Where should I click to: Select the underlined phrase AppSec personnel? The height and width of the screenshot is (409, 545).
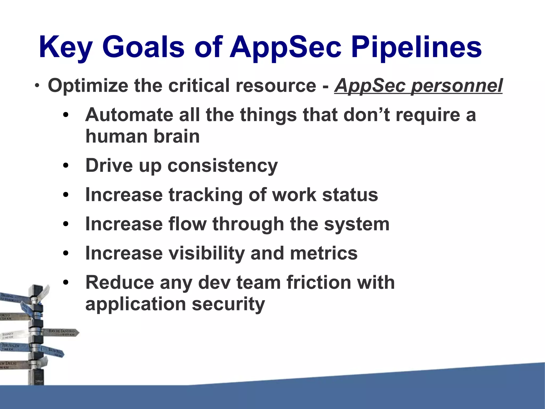[418, 86]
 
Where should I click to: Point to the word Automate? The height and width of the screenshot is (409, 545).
[129, 115]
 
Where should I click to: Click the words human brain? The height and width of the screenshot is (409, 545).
[142, 136]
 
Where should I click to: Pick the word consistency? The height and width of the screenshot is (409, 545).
[222, 165]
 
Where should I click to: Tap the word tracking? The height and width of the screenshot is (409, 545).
[205, 195]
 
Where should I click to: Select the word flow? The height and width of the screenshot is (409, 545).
[187, 224]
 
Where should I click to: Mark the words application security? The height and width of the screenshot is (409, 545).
[175, 304]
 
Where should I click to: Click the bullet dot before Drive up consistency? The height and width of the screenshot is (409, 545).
[66, 166]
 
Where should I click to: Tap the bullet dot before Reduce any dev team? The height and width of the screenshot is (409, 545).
[66, 283]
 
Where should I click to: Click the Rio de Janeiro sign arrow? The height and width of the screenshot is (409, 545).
[63, 333]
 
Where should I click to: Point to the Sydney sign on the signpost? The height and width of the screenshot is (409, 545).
[11, 335]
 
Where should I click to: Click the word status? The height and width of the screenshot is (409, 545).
[350, 195]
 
